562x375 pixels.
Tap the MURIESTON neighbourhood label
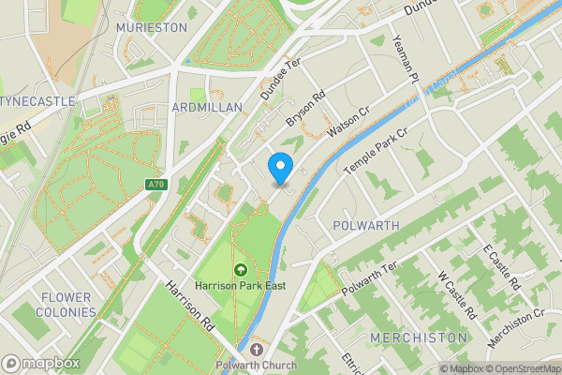152,28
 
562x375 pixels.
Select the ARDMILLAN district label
208,108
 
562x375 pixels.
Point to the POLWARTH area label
366,226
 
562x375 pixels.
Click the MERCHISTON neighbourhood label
419,337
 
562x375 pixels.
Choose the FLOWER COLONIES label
67,304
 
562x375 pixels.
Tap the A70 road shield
156,185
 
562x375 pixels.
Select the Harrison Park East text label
240,286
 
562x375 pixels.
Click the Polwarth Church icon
257,350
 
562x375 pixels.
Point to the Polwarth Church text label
257,366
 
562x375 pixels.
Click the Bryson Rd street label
305,110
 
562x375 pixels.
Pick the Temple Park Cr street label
377,150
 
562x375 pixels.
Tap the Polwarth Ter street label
370,278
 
